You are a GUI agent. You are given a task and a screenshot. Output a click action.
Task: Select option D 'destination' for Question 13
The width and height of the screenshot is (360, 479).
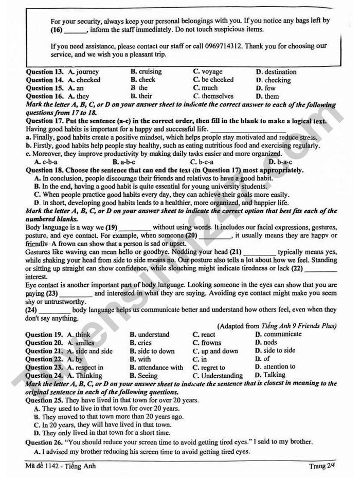(276, 72)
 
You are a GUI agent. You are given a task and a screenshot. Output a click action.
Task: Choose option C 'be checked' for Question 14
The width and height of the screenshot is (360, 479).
(213, 80)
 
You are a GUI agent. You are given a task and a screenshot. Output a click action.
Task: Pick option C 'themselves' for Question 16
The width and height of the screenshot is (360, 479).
(213, 96)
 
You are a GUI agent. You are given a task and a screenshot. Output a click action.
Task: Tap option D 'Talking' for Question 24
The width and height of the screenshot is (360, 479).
(272, 375)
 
